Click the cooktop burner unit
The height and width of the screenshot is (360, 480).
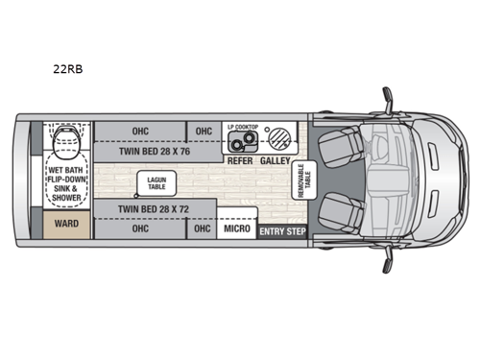tap(243, 141)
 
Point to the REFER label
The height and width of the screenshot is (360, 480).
tap(240, 160)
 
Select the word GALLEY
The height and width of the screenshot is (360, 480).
tap(275, 160)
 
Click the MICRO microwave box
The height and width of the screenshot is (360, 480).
tap(236, 229)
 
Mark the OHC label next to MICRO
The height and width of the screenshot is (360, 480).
tap(201, 228)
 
